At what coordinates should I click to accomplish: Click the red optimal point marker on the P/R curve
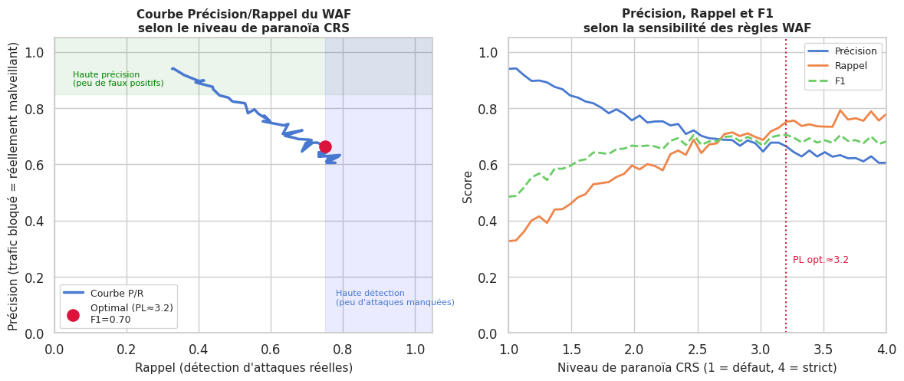tap(325, 146)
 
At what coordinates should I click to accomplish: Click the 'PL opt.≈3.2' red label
tap(820, 260)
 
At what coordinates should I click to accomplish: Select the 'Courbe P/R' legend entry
tap(117, 293)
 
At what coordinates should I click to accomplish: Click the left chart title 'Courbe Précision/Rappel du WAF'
tap(243, 15)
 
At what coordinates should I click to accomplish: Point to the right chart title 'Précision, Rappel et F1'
tap(696, 14)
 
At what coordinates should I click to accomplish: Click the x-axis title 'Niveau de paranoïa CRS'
tap(696, 367)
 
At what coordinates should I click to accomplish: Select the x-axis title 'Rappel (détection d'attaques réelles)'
tap(243, 367)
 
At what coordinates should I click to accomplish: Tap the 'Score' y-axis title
tap(468, 186)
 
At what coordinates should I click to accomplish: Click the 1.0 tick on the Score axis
tap(488, 52)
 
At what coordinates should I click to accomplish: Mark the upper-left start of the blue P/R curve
tap(173, 68)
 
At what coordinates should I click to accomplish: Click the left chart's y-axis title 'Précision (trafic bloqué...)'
tap(13, 186)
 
